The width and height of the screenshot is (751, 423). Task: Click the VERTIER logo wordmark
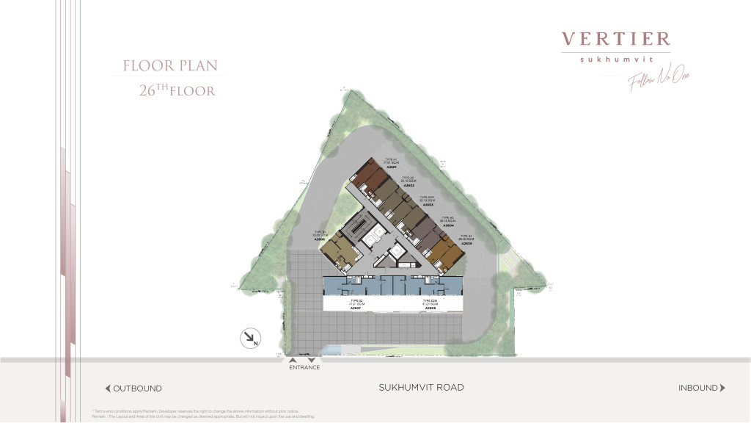[615, 39]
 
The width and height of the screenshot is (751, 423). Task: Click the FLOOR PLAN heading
[170, 66]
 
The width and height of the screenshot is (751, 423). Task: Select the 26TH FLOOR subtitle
[177, 91]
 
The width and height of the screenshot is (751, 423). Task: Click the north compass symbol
[250, 339]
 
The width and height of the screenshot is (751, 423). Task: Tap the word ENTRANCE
[304, 367]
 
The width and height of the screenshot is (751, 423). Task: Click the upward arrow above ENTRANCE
[293, 360]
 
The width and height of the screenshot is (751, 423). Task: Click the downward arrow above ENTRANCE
[312, 360]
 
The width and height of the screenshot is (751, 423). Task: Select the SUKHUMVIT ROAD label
[421, 387]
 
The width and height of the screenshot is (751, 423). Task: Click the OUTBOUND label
[137, 388]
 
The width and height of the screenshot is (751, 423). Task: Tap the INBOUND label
[697, 388]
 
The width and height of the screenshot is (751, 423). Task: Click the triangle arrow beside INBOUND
[722, 388]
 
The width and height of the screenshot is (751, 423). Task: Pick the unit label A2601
[392, 167]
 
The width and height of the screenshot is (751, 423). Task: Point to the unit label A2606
[319, 239]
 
